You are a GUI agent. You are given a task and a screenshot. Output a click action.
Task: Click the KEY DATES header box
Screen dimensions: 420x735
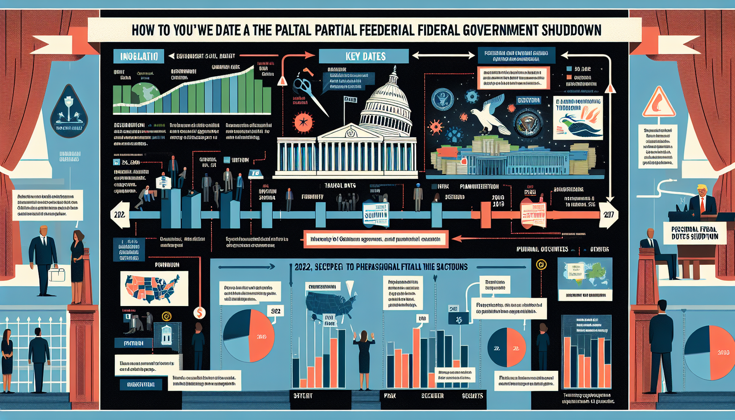coord(363,56)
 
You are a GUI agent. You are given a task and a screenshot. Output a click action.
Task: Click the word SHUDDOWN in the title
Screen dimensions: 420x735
coord(571,30)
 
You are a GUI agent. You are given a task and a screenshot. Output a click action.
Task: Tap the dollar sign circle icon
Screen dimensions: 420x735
coord(199,313)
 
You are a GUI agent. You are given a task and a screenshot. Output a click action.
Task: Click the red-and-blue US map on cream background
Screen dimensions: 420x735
coord(154,288)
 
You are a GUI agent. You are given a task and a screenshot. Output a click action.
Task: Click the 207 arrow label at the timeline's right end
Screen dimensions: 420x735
coord(609,215)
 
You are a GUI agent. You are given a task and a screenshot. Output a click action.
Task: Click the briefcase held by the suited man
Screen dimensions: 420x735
coord(57,274)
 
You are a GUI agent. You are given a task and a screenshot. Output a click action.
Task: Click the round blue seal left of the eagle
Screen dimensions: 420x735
coord(442,99)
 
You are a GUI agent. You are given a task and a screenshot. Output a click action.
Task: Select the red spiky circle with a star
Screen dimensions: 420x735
coord(303,122)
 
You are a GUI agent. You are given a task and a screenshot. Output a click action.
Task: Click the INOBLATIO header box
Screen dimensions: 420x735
coord(138,56)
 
